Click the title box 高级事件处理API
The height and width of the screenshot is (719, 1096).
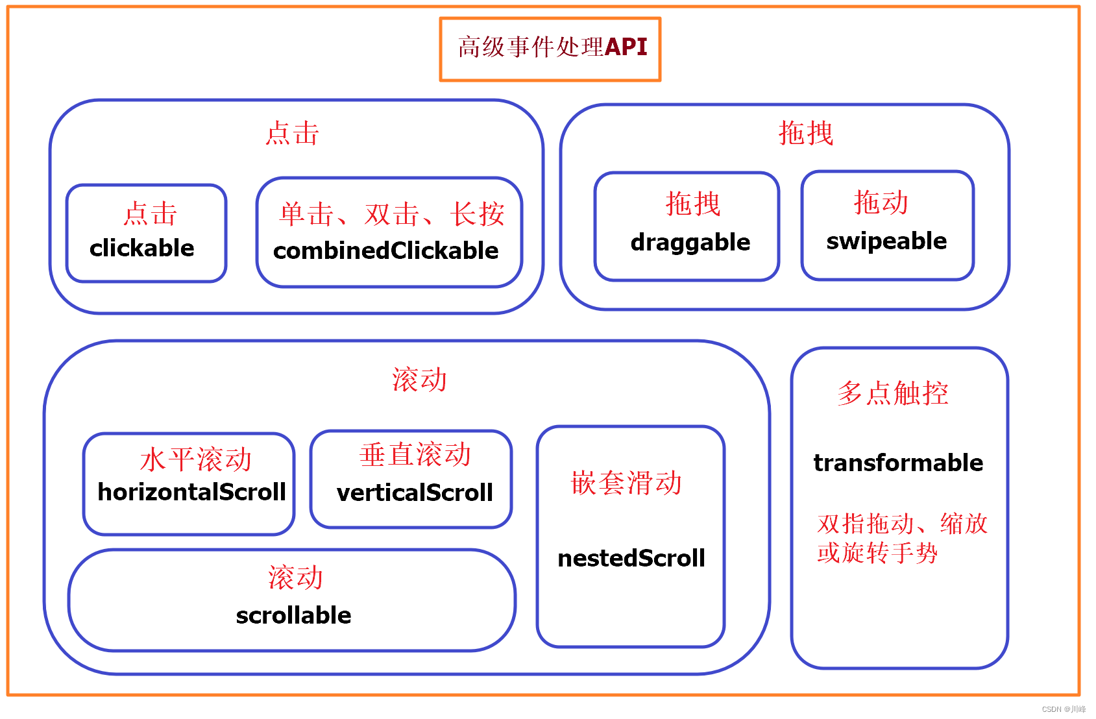click(x=550, y=49)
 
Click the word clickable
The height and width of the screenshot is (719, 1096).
click(x=142, y=248)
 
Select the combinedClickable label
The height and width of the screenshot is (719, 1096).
click(x=386, y=250)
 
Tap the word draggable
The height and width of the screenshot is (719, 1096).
click(x=690, y=242)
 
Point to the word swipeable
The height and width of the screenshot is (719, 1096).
click(x=886, y=241)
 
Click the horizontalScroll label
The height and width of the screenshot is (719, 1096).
click(x=191, y=492)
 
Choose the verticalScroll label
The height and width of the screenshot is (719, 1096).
click(x=415, y=493)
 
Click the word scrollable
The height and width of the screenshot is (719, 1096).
click(x=293, y=615)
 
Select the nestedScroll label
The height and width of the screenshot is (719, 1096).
click(x=631, y=558)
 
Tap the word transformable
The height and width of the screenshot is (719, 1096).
click(x=898, y=463)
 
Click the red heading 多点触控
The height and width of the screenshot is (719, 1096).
click(x=893, y=393)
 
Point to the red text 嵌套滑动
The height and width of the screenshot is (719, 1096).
click(x=626, y=483)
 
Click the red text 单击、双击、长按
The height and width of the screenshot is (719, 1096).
click(x=392, y=214)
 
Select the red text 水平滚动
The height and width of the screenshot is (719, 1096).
click(x=195, y=459)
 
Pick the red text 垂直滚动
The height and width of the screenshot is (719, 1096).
click(x=415, y=454)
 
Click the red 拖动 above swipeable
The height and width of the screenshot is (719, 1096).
click(x=881, y=202)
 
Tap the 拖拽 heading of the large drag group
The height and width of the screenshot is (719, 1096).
click(x=805, y=133)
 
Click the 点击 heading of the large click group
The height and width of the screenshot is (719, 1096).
click(x=292, y=133)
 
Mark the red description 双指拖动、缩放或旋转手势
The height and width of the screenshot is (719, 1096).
click(x=902, y=538)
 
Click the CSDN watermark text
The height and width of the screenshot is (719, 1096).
click(x=1063, y=709)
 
